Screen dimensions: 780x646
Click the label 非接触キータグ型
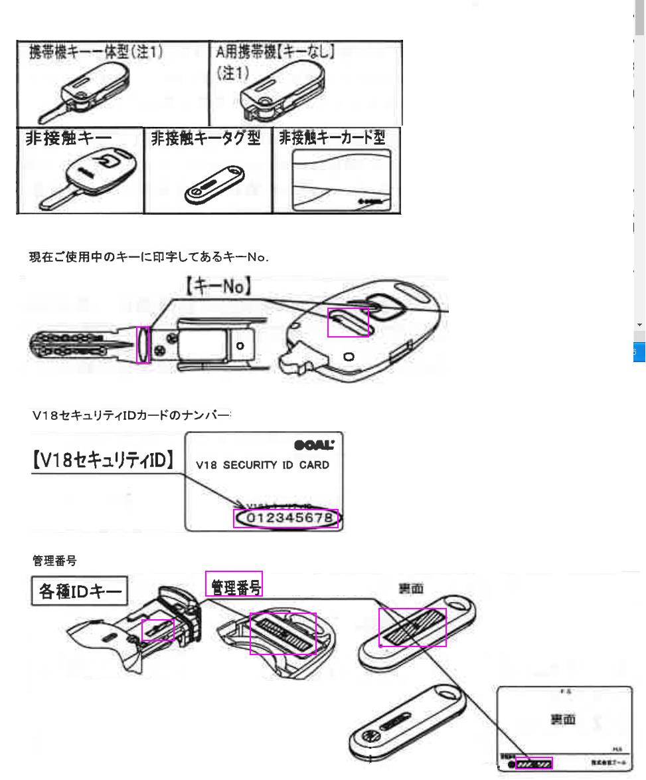(x=207, y=138)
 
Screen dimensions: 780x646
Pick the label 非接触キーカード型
(x=335, y=138)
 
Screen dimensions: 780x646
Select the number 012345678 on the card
(x=286, y=519)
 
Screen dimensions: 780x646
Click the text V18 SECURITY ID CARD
(x=263, y=464)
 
